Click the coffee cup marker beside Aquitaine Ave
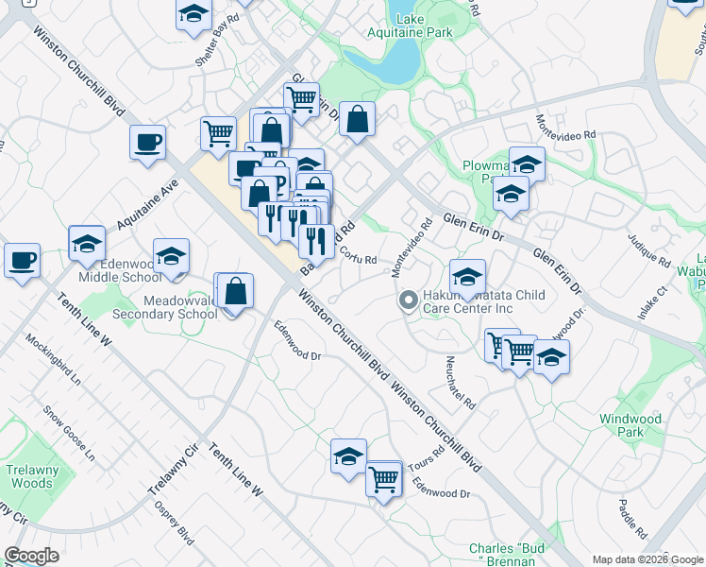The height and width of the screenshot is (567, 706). coord(147,144)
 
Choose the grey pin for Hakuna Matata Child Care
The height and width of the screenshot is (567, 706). coord(408,301)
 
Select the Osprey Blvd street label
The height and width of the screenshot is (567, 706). coord(173,523)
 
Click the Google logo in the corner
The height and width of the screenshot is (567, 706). coord(31,556)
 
